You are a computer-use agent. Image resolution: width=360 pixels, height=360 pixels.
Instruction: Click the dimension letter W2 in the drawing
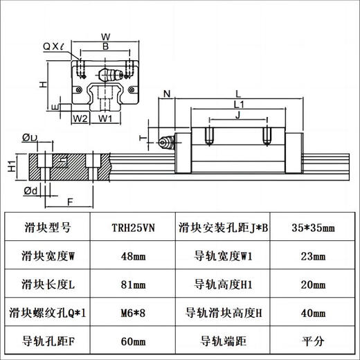[x=80, y=118]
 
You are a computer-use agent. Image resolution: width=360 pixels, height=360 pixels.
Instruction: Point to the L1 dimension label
[x=237, y=103]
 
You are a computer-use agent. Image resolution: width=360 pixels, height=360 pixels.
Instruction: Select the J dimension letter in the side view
[x=237, y=115]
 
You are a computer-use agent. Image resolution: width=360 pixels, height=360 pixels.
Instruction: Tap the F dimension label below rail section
[x=69, y=202]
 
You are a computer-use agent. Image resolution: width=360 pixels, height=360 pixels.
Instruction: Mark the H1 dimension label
[x=11, y=165]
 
